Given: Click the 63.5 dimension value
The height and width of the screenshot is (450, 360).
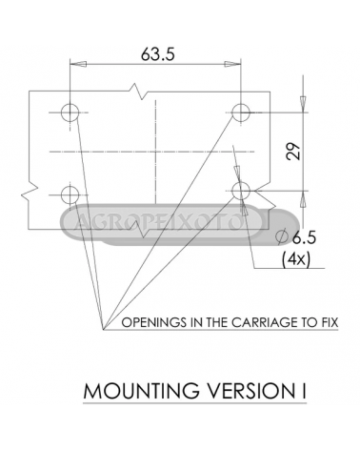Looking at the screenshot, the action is coord(158,54).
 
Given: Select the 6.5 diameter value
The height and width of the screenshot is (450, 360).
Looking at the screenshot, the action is coord(304,237).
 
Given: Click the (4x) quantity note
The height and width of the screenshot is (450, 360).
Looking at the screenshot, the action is coord(296,259).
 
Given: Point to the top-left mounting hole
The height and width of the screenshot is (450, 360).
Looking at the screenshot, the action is coord(70,112).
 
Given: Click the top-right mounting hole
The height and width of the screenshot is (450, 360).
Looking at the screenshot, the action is coord(241,112).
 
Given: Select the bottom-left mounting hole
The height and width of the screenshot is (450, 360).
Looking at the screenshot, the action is coord(70,194).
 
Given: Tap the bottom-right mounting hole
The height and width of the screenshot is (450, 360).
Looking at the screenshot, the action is coord(241,191).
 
